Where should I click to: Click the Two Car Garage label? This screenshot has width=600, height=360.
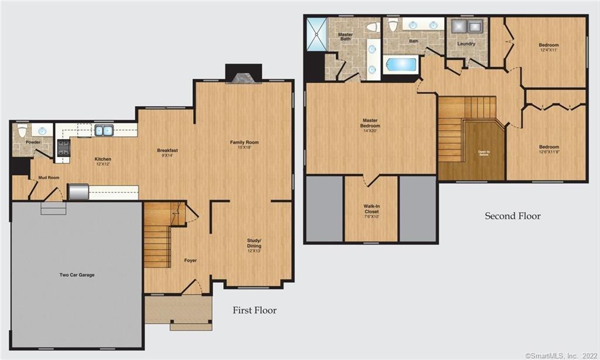click(77, 275)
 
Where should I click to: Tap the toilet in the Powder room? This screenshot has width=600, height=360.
click(22, 131)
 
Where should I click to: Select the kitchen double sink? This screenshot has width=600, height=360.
click(104, 130)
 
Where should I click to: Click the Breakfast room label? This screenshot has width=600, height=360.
click(167, 151)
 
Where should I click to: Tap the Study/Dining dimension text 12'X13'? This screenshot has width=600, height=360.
click(254, 251)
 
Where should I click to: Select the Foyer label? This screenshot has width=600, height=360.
click(190, 260)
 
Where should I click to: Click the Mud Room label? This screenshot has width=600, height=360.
click(49, 176)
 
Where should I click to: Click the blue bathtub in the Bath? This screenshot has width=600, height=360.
click(401, 64)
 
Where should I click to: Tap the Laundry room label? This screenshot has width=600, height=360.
click(466, 44)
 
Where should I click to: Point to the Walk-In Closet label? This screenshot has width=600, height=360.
click(371, 209)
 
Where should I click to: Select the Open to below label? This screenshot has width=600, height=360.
click(483, 154)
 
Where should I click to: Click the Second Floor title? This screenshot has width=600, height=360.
click(512, 216)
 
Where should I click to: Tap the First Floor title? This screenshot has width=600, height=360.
click(254, 310)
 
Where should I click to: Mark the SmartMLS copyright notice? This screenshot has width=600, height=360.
click(561, 355)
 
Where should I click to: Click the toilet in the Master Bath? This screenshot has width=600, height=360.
click(371, 27)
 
